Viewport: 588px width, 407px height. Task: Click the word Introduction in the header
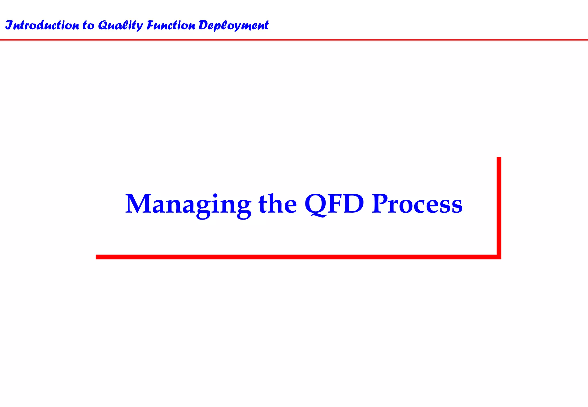click(x=42, y=25)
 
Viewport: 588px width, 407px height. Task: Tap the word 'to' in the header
click(x=88, y=25)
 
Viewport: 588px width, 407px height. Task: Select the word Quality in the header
click(x=120, y=25)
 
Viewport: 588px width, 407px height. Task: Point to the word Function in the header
click(x=171, y=25)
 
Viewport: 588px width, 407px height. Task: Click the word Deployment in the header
click(x=233, y=25)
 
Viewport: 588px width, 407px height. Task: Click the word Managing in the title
click(x=188, y=204)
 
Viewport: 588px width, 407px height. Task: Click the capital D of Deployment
click(x=204, y=25)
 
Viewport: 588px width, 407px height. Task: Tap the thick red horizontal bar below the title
click(x=287, y=257)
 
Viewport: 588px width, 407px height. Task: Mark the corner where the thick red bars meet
click(x=499, y=257)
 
